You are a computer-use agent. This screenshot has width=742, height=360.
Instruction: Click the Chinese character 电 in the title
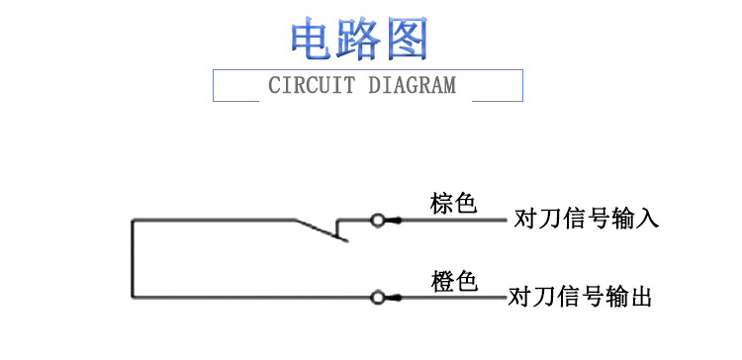click(314, 39)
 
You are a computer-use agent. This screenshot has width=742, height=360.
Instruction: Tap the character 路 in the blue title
click(361, 39)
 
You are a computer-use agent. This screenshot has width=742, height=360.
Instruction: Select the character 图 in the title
click(407, 39)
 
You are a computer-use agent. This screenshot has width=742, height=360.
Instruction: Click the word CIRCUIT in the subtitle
click(311, 85)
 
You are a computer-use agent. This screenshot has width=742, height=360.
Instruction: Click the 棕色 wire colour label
click(453, 204)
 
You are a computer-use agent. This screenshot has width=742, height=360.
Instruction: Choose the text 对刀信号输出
click(581, 296)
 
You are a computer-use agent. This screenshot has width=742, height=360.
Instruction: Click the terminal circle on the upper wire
click(377, 220)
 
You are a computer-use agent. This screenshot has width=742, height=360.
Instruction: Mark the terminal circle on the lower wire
click(377, 297)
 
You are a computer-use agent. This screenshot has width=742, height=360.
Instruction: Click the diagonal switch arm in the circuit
click(320, 230)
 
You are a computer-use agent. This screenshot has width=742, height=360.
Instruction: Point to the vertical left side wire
click(132, 258)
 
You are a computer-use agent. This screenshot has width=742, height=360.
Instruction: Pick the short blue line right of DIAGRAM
click(497, 99)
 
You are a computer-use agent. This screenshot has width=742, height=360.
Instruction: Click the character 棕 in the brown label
click(441, 204)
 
